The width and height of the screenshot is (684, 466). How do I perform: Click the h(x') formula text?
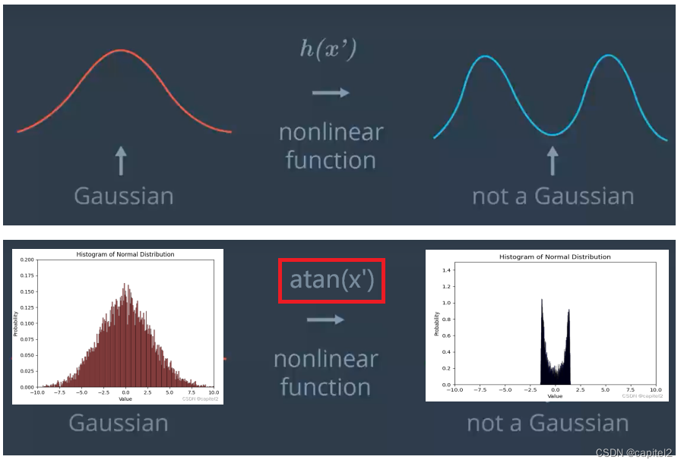329,51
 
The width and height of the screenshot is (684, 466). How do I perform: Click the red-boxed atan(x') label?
332,280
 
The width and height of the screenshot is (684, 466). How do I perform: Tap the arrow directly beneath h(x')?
331,93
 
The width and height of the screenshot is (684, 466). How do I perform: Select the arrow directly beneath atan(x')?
325,320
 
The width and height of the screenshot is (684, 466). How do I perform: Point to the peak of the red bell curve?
122,51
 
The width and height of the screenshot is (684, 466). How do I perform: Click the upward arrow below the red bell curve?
121,162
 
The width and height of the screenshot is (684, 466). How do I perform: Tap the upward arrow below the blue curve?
553,161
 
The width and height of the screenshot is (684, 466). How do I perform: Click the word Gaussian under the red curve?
124,196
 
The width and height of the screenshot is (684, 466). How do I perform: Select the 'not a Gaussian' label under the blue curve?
553,196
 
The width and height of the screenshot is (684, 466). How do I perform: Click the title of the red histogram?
125,254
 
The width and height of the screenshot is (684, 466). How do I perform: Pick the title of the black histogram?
555,257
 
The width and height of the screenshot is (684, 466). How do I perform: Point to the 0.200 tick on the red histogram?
26,260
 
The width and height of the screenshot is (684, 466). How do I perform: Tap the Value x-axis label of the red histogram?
125,398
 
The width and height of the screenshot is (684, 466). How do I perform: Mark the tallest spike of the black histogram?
542,301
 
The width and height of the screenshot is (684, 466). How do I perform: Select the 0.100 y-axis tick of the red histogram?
26,323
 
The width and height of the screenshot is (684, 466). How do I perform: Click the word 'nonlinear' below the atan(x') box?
325,359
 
